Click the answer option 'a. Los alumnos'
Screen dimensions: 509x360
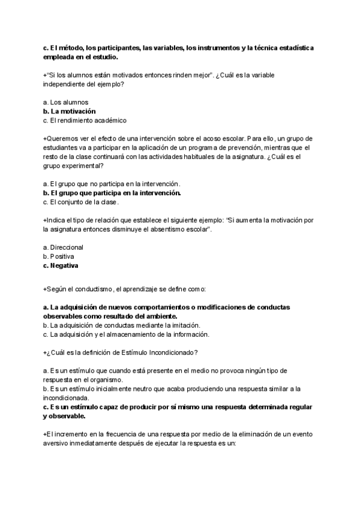point(66,103)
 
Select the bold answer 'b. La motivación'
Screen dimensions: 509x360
point(70,112)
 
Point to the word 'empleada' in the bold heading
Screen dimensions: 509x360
point(61,57)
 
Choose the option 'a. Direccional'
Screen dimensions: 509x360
point(64,247)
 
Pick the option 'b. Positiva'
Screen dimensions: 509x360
point(59,256)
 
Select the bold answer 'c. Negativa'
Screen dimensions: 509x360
point(61,265)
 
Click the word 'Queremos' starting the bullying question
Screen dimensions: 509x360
point(61,139)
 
